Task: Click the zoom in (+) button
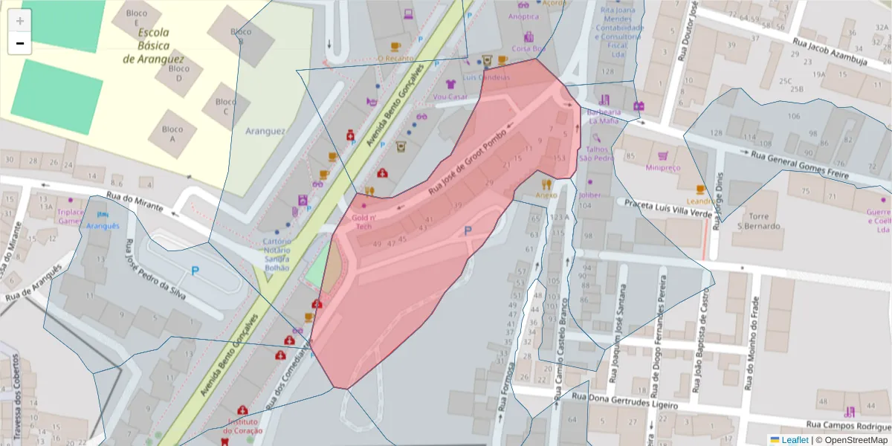pyautogui.click(x=20, y=21)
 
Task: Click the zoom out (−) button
pyautogui.click(x=20, y=43)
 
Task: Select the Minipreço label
pyautogui.click(x=662, y=168)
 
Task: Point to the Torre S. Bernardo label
pyautogui.click(x=758, y=220)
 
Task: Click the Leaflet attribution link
pyautogui.click(x=795, y=440)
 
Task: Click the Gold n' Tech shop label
pyautogui.click(x=363, y=222)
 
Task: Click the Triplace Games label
pyautogui.click(x=71, y=216)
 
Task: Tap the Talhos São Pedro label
pyautogui.click(x=596, y=153)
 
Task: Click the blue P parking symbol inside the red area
pyautogui.click(x=468, y=231)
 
